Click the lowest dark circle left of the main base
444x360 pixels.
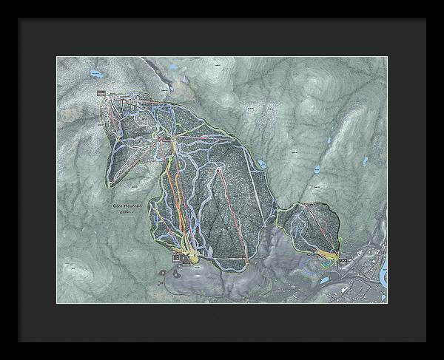click(160, 282)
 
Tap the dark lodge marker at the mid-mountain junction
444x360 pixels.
click(164, 138)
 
